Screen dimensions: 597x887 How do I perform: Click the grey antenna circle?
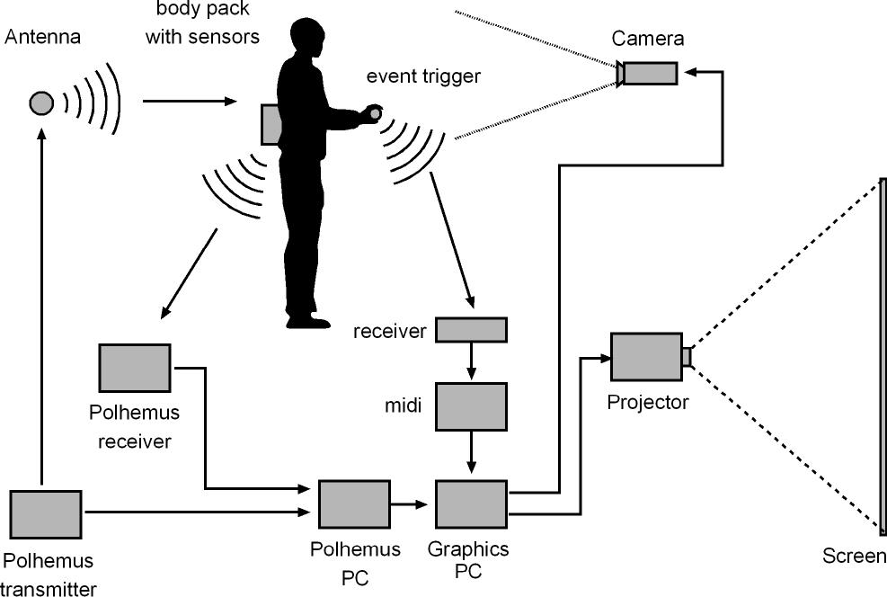coord(40,103)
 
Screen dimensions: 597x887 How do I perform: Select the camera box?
coord(649,73)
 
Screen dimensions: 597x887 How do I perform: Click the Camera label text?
coord(648,38)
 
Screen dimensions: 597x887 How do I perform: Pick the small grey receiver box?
coord(471,330)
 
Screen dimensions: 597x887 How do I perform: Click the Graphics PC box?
coord(471,503)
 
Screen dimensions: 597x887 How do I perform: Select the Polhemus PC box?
coord(354,503)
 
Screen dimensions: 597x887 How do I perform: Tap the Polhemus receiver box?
coord(135,367)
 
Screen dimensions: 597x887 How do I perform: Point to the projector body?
coord(646,357)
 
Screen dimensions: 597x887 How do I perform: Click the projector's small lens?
coord(687,357)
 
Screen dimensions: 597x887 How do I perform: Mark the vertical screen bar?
coord(883,355)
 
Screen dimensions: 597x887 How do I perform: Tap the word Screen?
coord(854,557)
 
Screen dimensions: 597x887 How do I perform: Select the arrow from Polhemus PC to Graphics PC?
coord(412,503)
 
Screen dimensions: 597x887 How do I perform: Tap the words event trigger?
coord(423,76)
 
